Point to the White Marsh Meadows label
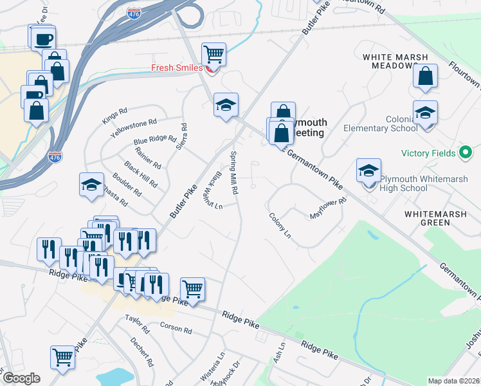pyautogui.click(x=395, y=61)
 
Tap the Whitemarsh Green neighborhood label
pyautogui.click(x=436, y=217)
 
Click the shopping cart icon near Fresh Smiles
pyautogui.click(x=213, y=54)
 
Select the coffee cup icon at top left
pyautogui.click(x=43, y=39)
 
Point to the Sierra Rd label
pyautogui.click(x=184, y=135)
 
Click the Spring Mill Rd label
pyautogui.click(x=235, y=172)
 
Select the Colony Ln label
pyautogui.click(x=280, y=226)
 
